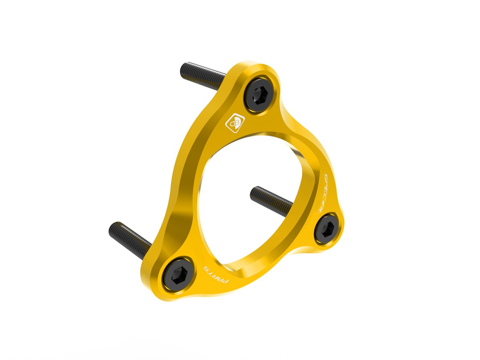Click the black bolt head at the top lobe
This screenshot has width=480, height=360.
click(x=258, y=95)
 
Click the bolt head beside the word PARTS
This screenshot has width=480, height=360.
click(x=178, y=274)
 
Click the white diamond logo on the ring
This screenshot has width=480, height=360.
click(x=235, y=123)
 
